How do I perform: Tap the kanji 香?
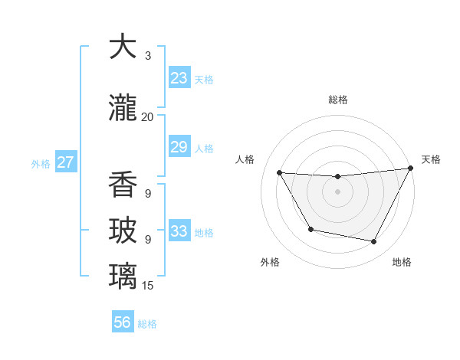tap(123, 184)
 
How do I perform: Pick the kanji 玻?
tap(123, 230)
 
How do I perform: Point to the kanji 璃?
tap(123, 275)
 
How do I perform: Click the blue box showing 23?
tap(179, 77)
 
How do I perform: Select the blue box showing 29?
tap(179, 147)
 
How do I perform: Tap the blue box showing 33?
tap(179, 231)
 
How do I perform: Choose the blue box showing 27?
tap(66, 162)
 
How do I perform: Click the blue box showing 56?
tap(123, 322)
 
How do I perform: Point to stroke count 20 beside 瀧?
tap(147, 117)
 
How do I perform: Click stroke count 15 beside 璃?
tap(147, 286)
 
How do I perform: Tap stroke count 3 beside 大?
tap(147, 56)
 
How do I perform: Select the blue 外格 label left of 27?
tap(41, 163)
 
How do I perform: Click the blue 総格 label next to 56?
tap(147, 324)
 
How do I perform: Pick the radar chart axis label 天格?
tap(431, 159)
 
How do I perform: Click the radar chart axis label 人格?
tap(245, 159)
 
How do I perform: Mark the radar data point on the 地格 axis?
tap(374, 242)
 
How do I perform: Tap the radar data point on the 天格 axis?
tap(411, 169)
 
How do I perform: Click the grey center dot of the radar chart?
tap(337, 191)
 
